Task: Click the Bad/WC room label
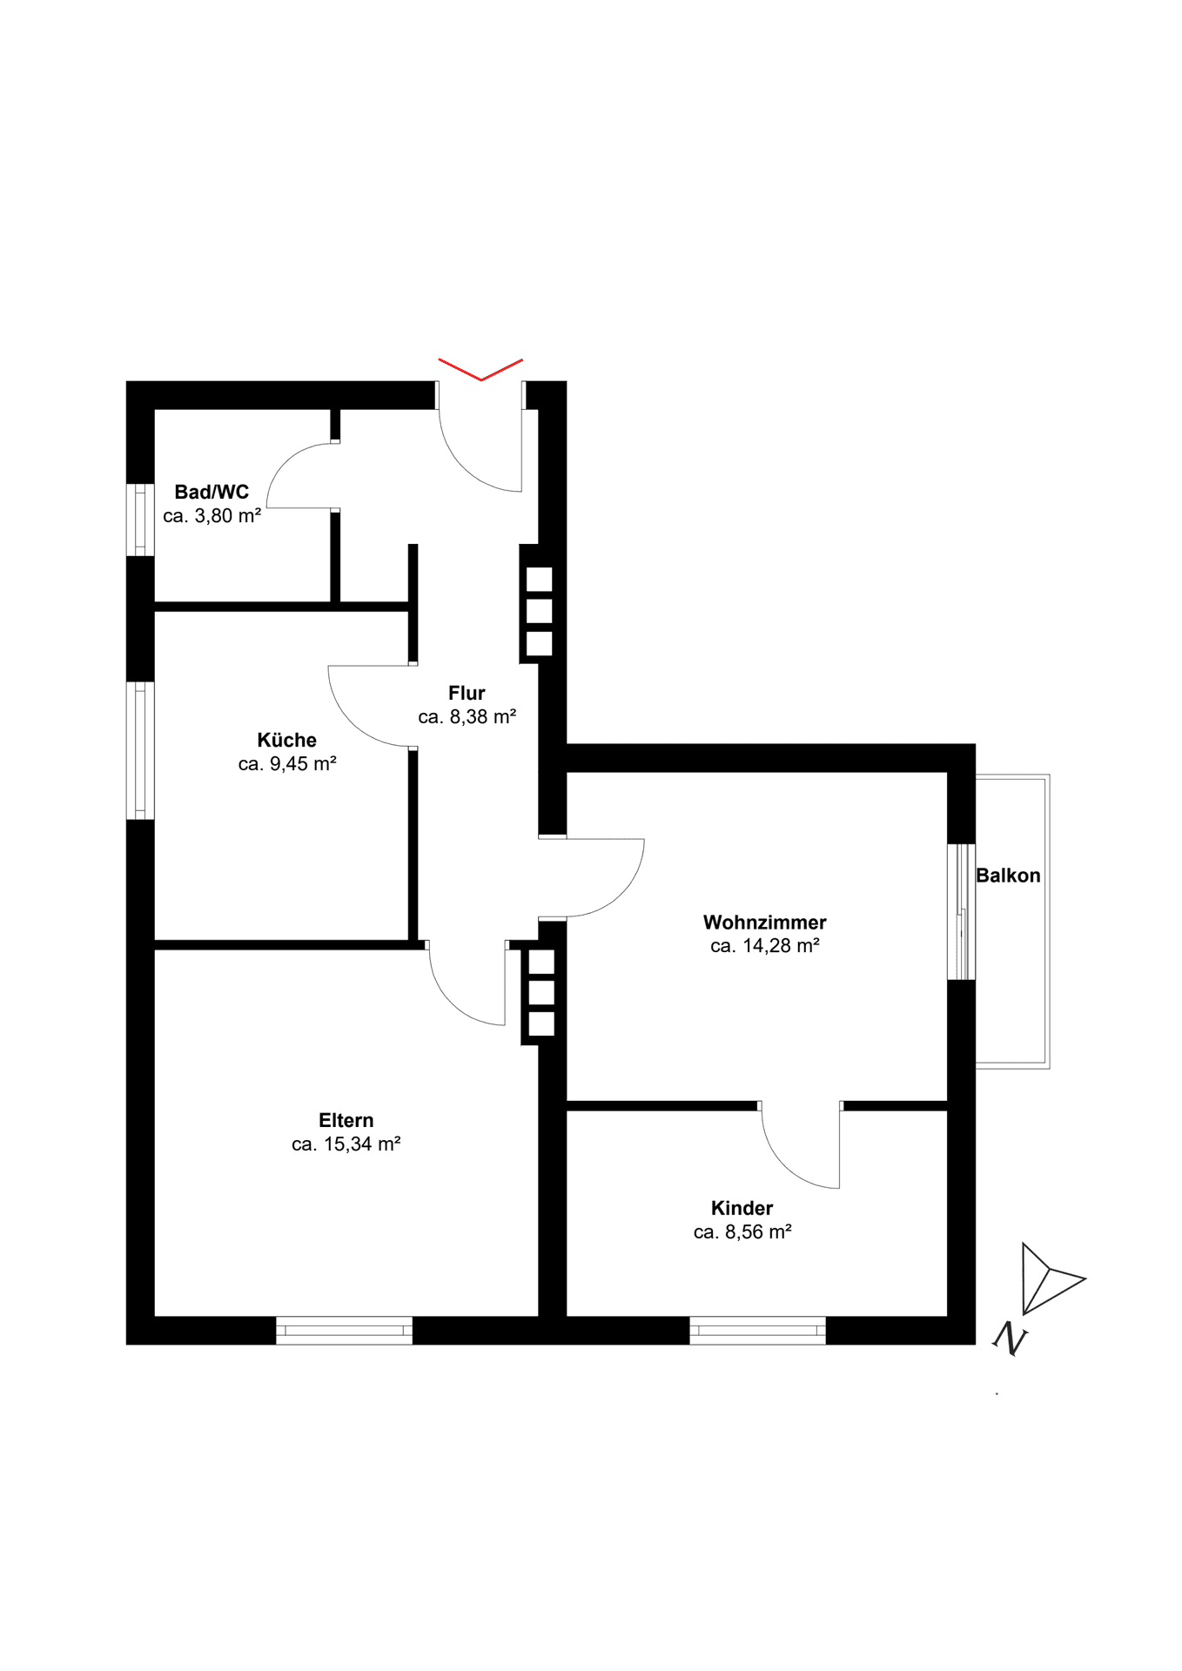pos(212,493)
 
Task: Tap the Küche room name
pos(287,741)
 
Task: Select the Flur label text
pos(467,694)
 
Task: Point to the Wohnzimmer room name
pos(765,923)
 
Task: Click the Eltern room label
pos(346,1121)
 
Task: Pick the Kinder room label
pos(742,1209)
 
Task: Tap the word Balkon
pos(1008,876)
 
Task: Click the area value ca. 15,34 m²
pos(346,1144)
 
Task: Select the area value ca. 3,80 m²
pos(212,516)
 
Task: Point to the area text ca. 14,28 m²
pos(765,946)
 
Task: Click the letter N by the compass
pos(1011,1339)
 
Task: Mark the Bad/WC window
pos(140,520)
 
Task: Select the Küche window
pos(140,750)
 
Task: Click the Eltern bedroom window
pos(345,1331)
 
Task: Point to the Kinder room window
pos(758,1331)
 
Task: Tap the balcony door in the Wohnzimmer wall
pos(961,912)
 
